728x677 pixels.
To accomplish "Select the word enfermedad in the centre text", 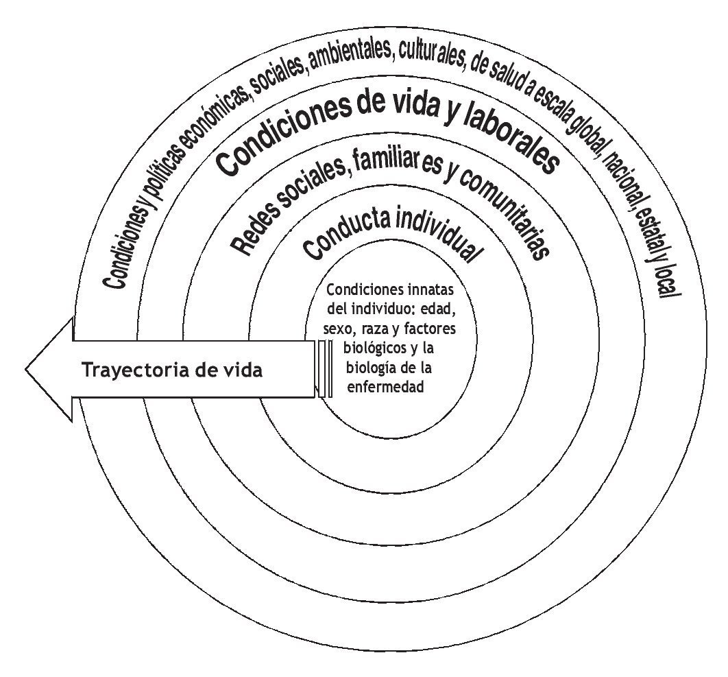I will [388, 386].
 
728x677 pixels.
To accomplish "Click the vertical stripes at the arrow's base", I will [326, 369].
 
